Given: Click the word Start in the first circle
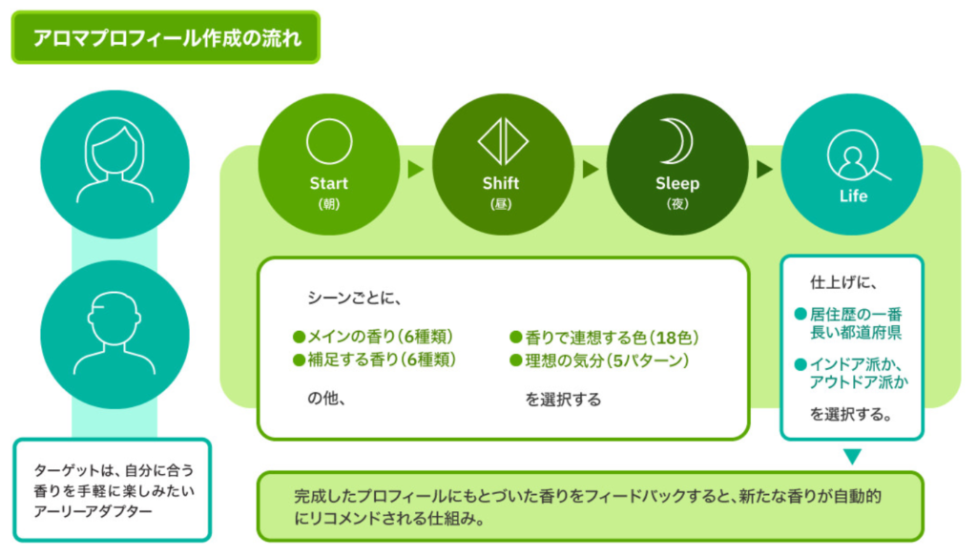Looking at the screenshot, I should tap(328, 183).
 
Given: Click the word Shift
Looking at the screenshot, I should tap(502, 183).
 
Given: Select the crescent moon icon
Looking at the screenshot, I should tap(678, 141).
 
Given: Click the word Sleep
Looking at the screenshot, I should tap(677, 183).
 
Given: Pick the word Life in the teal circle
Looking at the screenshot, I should tap(853, 196).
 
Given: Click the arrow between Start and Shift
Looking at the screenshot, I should tap(415, 170).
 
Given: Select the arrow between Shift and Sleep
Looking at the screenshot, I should tap(591, 170).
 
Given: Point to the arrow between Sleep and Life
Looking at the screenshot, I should tap(765, 170).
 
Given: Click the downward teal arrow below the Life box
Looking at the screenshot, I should tap(852, 456).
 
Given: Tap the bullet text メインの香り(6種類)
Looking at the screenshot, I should tap(378, 337).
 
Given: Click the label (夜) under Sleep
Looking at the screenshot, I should tap(677, 205).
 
